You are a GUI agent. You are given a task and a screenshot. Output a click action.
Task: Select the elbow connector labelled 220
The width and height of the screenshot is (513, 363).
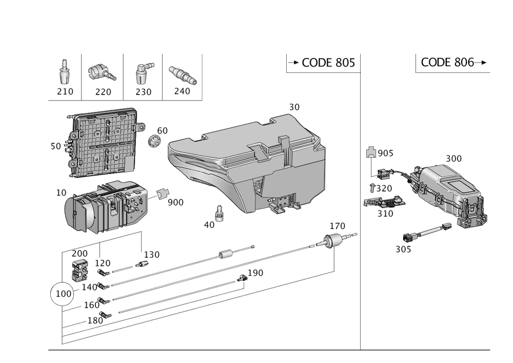pyautogui.click(x=101, y=73)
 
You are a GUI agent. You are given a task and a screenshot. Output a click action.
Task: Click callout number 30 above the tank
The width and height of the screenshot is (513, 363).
pyautogui.click(x=294, y=107)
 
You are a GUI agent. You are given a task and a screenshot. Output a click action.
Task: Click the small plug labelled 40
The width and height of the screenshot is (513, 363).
pyautogui.click(x=220, y=213)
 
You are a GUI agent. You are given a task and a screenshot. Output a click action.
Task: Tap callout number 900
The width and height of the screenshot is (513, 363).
pyautogui.click(x=175, y=202)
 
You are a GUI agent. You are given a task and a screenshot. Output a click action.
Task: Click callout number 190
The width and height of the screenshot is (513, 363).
pyautogui.click(x=255, y=273)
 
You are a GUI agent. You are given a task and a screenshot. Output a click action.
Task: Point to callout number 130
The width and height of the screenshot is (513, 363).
pyautogui.click(x=152, y=254)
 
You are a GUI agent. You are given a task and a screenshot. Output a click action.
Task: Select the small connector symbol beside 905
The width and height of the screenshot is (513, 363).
pyautogui.click(x=371, y=152)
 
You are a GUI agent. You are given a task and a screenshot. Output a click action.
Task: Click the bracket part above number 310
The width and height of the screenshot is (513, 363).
pyautogui.click(x=383, y=202)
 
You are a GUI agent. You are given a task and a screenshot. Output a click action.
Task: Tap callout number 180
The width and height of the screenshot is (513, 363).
pyautogui.click(x=96, y=320)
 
